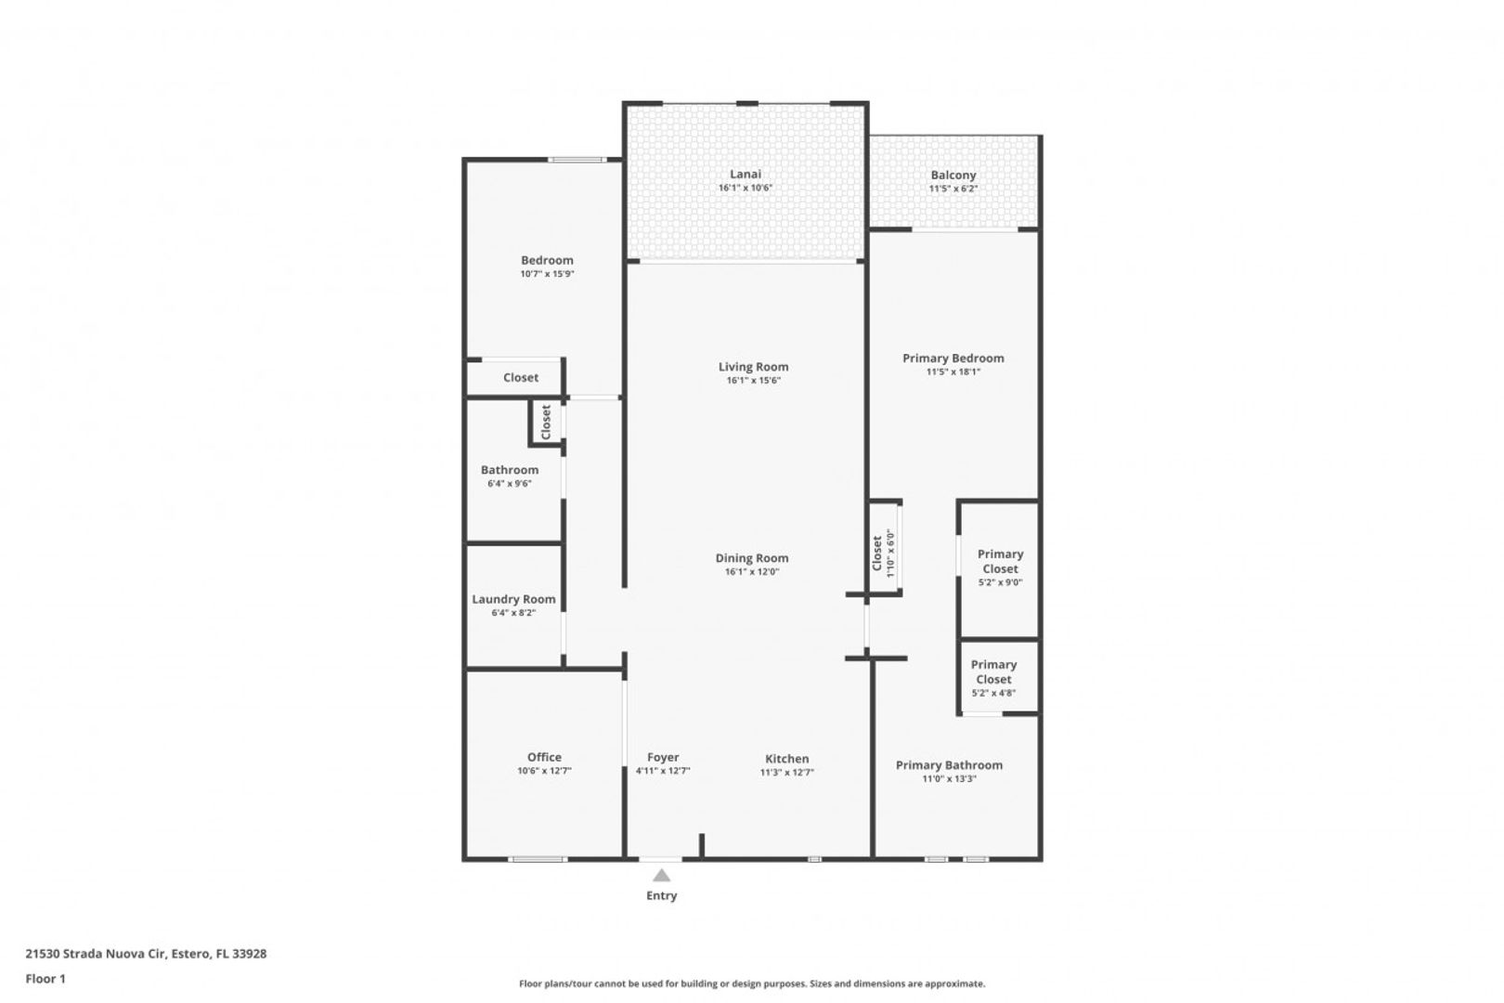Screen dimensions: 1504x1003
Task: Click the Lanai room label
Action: (746, 174)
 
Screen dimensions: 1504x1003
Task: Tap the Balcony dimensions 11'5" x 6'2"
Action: (953, 189)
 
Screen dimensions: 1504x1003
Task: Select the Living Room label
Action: (753, 367)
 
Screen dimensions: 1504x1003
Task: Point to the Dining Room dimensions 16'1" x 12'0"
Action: (751, 572)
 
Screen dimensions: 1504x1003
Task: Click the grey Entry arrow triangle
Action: (661, 876)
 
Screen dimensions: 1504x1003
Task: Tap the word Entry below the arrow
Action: (661, 895)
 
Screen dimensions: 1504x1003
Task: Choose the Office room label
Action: (544, 757)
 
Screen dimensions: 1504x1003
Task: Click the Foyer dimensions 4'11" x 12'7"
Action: (663, 771)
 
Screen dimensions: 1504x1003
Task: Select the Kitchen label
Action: (787, 759)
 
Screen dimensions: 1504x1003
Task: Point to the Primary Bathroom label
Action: (949, 765)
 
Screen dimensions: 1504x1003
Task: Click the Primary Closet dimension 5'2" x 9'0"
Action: (1000, 582)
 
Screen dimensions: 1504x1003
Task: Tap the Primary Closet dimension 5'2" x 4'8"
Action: (993, 694)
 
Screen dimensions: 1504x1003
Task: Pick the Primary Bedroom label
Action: (953, 358)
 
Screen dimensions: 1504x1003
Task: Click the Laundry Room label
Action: (513, 599)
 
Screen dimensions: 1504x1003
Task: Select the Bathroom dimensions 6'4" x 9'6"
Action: (510, 484)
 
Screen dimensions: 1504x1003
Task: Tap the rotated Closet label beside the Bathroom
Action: (546, 422)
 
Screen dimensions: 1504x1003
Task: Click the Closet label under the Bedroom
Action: (520, 378)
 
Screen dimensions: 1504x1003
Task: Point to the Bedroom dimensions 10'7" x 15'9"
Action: (547, 274)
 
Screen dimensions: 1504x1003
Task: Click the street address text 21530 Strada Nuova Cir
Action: (96, 954)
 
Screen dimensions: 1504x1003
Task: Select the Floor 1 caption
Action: (45, 979)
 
